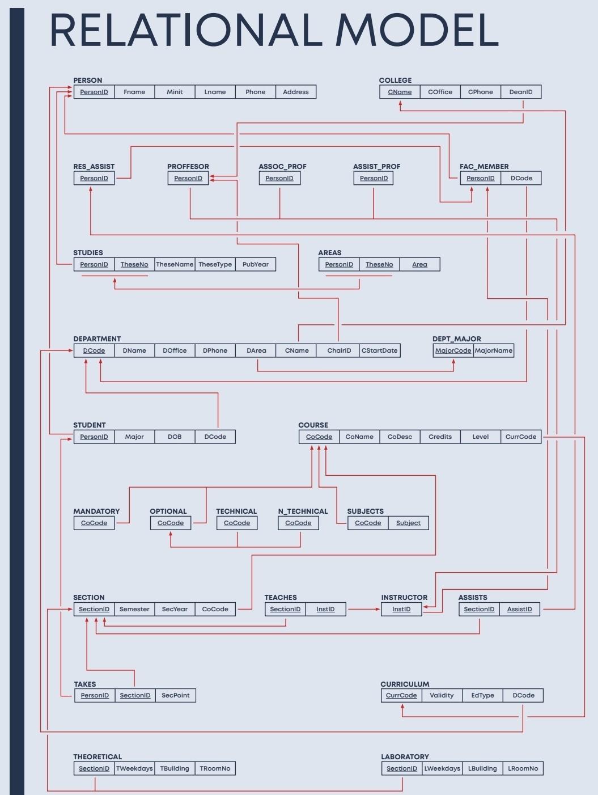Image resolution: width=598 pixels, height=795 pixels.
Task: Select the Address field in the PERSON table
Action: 295,92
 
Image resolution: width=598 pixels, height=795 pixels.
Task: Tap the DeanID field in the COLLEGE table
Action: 520,92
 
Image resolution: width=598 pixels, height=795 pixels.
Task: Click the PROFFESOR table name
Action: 188,166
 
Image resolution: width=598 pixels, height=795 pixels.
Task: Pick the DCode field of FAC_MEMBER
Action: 521,178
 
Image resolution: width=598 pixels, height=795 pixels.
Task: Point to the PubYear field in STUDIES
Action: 255,264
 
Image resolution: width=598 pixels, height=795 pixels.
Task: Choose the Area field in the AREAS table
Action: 419,264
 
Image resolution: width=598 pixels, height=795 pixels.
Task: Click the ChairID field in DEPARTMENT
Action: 339,350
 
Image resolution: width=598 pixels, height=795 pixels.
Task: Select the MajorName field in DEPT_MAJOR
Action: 493,350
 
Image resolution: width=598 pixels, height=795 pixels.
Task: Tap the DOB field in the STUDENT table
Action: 175,437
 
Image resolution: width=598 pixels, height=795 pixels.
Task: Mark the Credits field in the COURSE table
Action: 440,437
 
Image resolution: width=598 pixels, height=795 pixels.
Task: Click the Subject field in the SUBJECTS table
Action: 408,523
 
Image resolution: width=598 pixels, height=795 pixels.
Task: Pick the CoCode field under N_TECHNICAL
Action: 298,523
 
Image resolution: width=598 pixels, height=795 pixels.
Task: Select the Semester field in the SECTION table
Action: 134,609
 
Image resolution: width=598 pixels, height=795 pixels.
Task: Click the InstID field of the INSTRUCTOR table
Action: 401,609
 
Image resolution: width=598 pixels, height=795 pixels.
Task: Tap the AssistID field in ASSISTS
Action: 519,609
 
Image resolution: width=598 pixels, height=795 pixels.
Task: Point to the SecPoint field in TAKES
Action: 175,695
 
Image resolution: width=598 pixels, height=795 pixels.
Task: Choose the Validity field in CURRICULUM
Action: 442,695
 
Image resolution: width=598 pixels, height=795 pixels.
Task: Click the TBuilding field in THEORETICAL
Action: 175,768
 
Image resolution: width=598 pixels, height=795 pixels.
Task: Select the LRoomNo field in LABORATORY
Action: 523,768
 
